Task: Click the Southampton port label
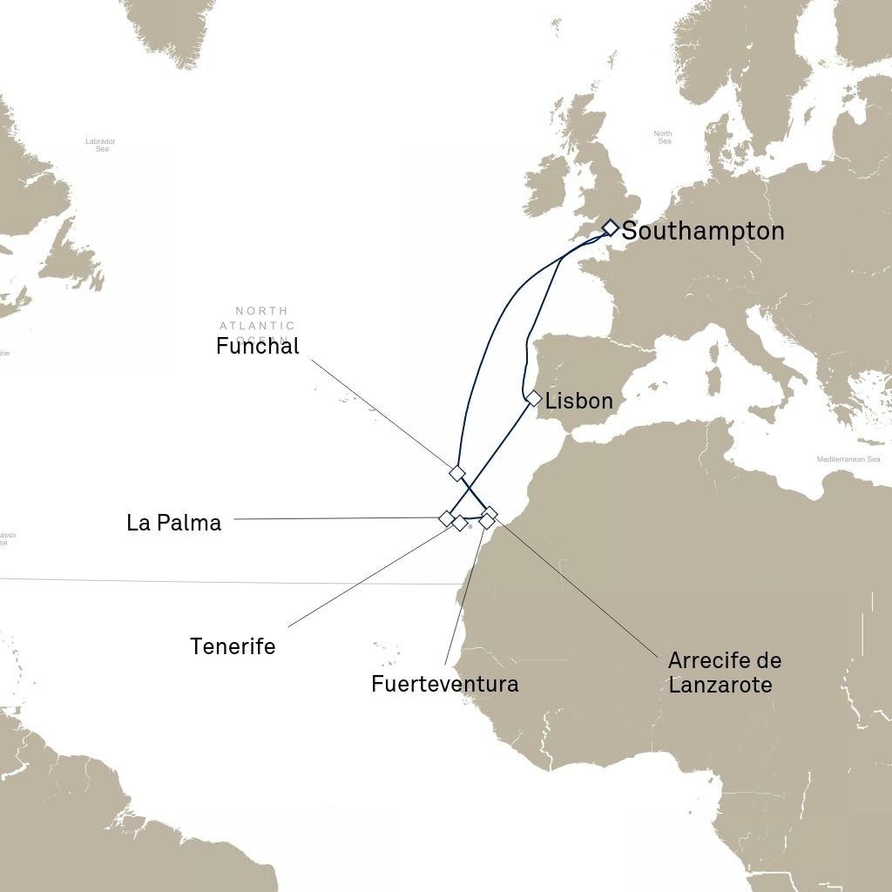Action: (x=703, y=232)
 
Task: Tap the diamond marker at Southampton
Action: (x=611, y=228)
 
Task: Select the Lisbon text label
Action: (x=579, y=402)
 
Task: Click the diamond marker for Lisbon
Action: (x=534, y=398)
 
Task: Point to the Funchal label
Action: (x=258, y=347)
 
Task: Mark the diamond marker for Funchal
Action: (x=457, y=473)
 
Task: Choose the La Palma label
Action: (x=174, y=523)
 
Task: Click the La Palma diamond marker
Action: (x=446, y=518)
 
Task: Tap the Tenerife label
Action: (x=233, y=646)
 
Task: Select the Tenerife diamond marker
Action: (x=459, y=524)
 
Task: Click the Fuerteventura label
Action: (x=445, y=684)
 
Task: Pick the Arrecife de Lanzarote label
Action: (x=720, y=672)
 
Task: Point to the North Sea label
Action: (x=664, y=137)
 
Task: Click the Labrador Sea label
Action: (x=100, y=145)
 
